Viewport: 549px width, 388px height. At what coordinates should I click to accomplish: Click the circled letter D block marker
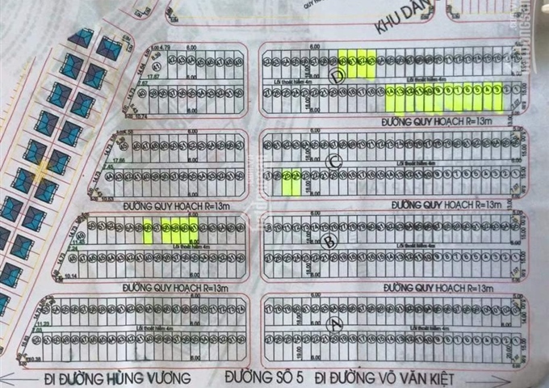coord(337,76)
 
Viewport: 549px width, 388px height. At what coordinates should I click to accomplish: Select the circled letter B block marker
coord(328,240)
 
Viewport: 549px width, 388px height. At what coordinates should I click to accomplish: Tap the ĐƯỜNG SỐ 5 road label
coord(264,377)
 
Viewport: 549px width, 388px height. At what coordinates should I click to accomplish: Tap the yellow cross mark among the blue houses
coord(43,168)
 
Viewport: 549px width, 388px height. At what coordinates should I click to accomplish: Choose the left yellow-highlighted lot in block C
coord(287,181)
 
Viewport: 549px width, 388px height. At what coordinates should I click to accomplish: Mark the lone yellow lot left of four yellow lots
coord(147,232)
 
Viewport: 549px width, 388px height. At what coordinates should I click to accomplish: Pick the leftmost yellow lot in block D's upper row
coord(342,63)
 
